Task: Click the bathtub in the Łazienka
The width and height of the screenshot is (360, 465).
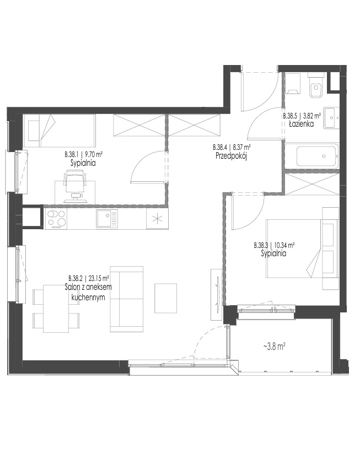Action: pos(318,155)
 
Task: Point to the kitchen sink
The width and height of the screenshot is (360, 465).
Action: pos(107,219)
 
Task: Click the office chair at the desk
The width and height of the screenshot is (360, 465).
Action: pos(76,185)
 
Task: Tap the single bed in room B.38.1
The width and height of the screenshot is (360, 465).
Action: pos(60,131)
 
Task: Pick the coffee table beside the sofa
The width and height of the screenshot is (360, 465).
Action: pos(165,298)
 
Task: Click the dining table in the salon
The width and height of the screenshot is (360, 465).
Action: pos(57,309)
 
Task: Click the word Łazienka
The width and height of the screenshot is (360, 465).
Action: pos(301,125)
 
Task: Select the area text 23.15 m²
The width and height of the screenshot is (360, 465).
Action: pos(99,278)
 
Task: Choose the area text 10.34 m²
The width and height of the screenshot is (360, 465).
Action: pos(284,246)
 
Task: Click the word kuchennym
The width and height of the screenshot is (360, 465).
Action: pos(88,298)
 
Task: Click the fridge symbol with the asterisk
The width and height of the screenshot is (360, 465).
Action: pos(157,219)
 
